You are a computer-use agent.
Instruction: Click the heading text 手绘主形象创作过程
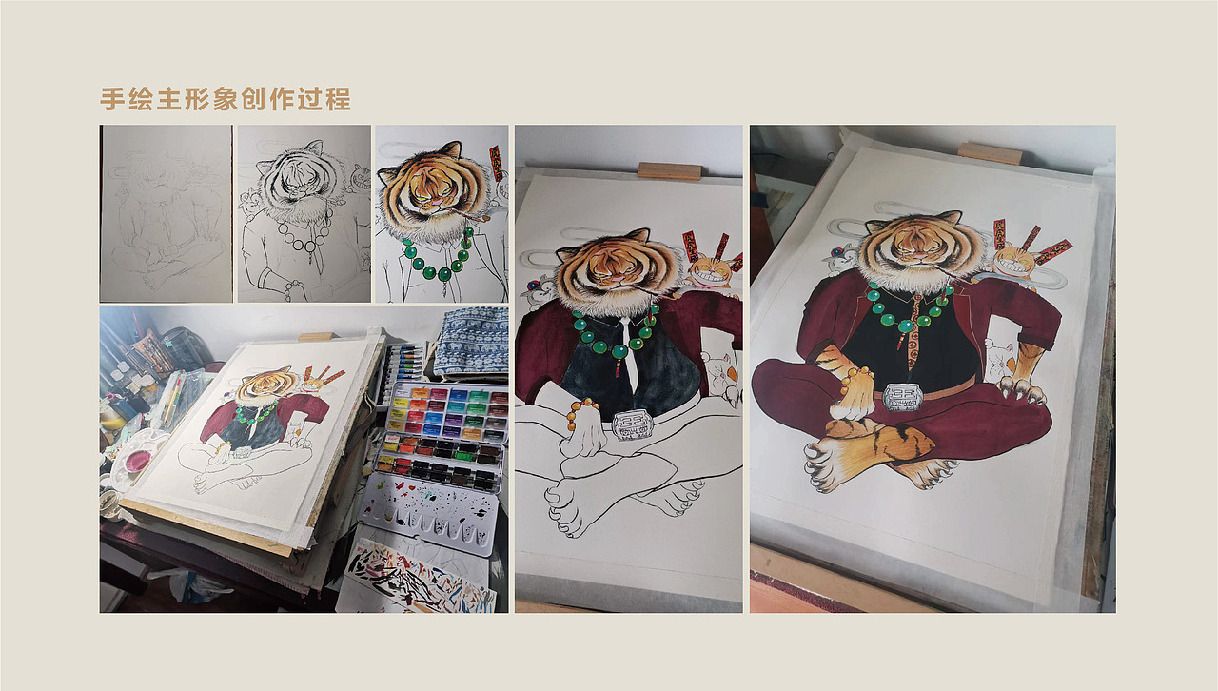226,99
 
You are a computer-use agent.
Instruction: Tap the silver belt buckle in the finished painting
901,396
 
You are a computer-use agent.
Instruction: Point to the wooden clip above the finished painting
990,152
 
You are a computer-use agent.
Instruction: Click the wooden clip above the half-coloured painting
669,170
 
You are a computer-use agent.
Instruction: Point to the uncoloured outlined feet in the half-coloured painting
609,495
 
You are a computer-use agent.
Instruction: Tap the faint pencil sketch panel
167,213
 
